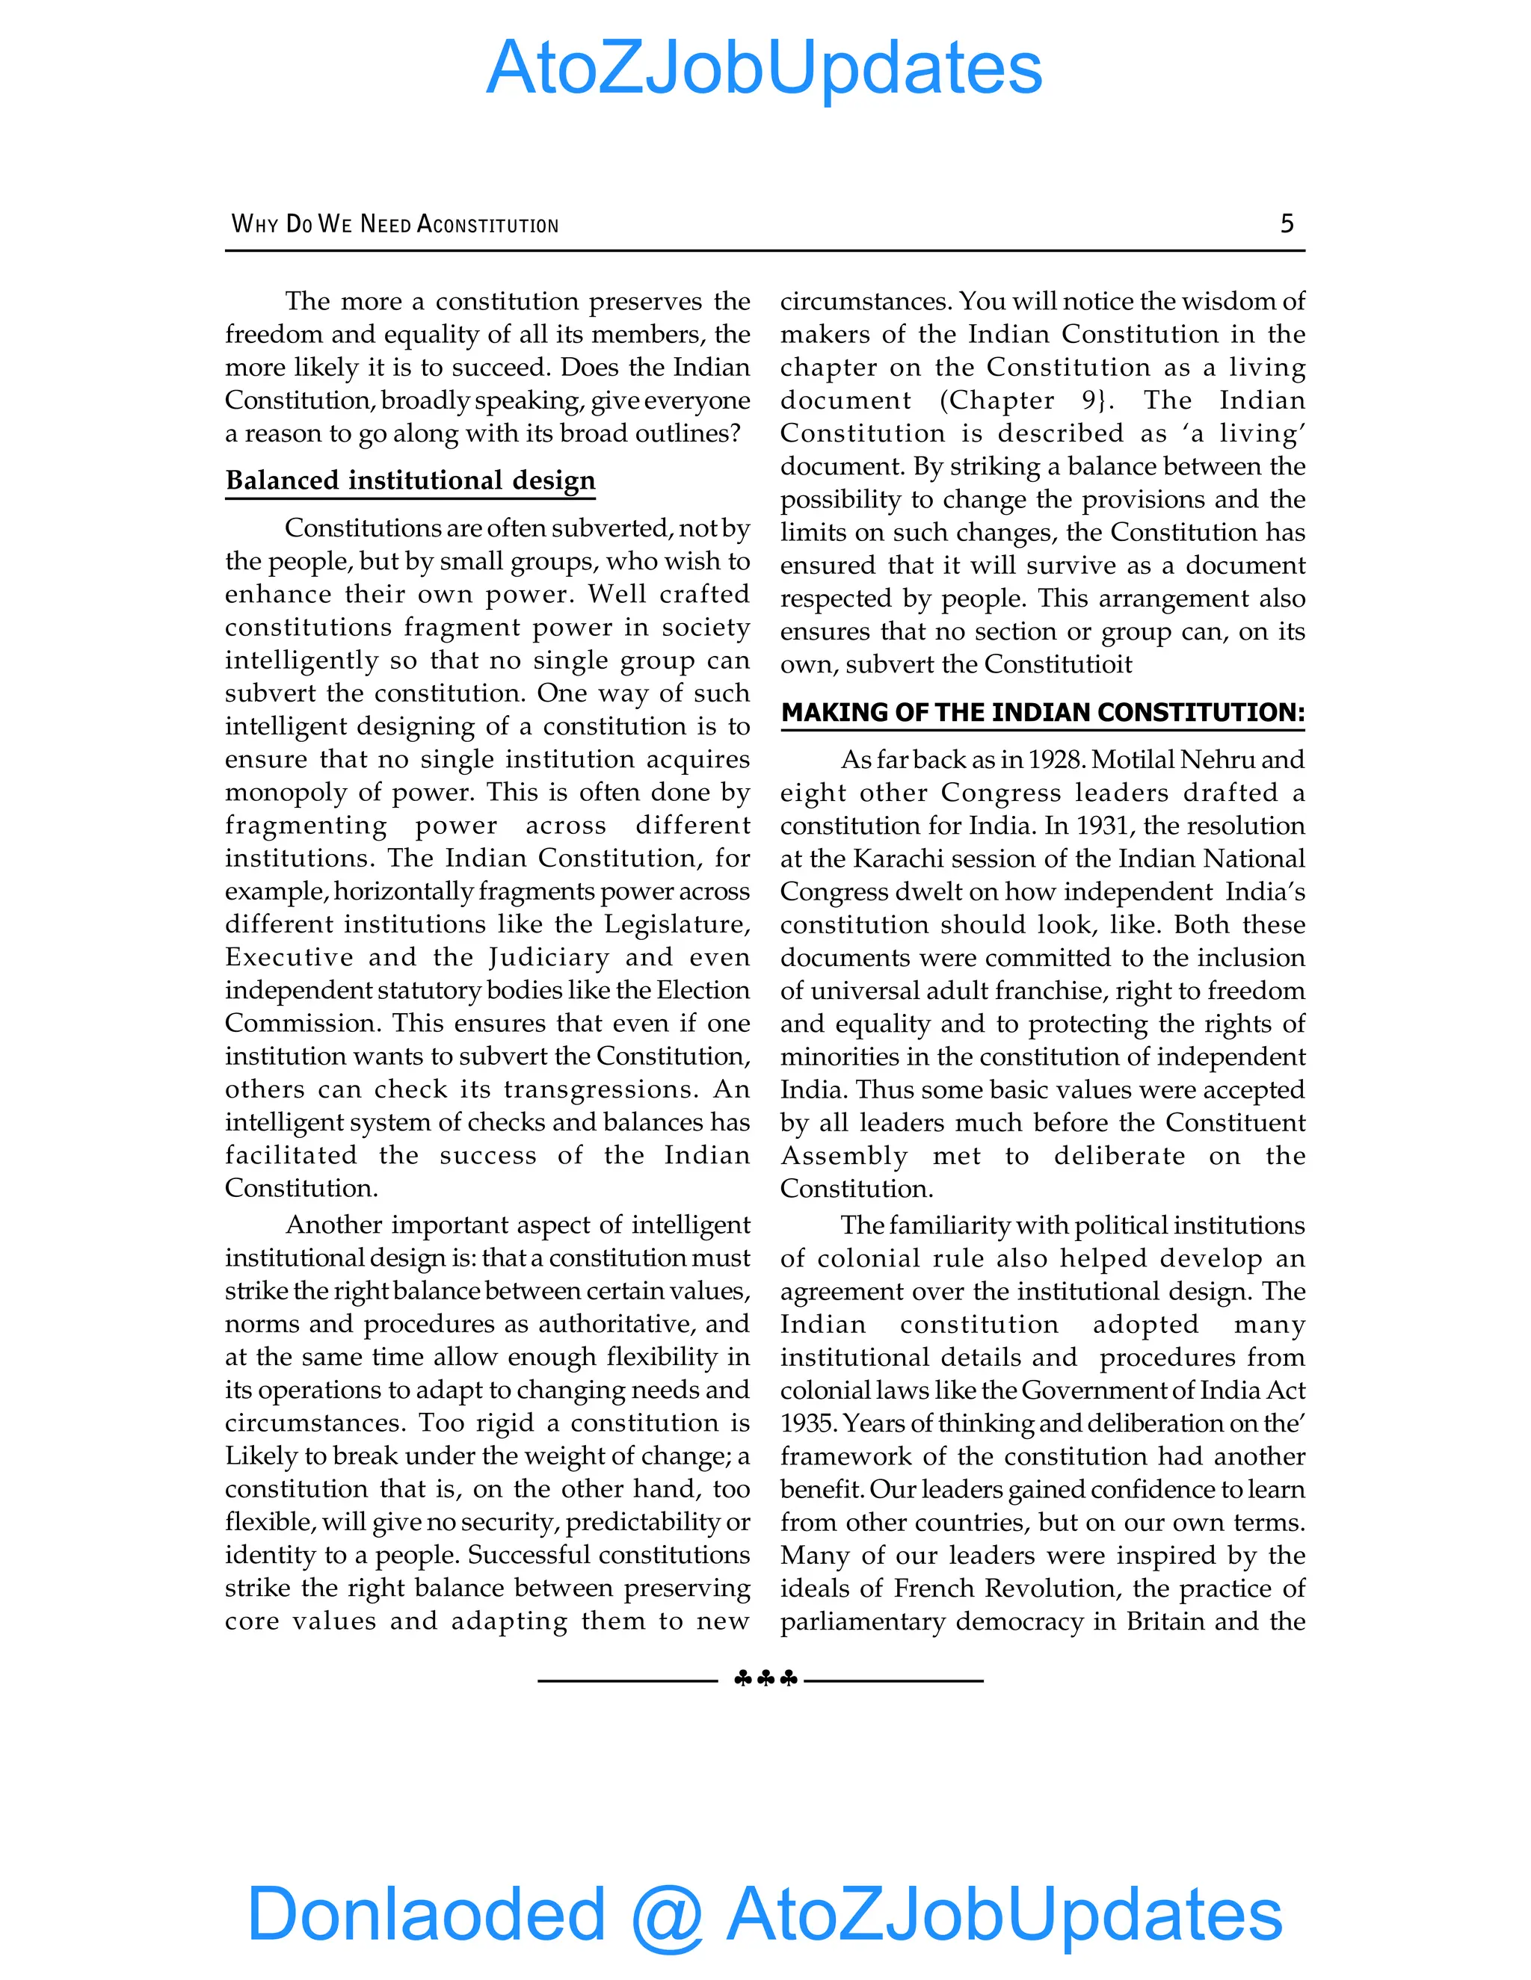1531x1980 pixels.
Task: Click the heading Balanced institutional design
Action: click(x=410, y=480)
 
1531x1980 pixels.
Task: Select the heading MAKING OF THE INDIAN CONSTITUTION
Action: click(x=1042, y=713)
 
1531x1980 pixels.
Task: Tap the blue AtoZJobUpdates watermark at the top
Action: click(x=765, y=68)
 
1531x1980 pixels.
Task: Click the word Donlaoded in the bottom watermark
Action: click(x=425, y=1913)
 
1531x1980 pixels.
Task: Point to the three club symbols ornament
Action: click(x=765, y=1679)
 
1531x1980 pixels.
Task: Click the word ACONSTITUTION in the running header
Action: click(x=487, y=224)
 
